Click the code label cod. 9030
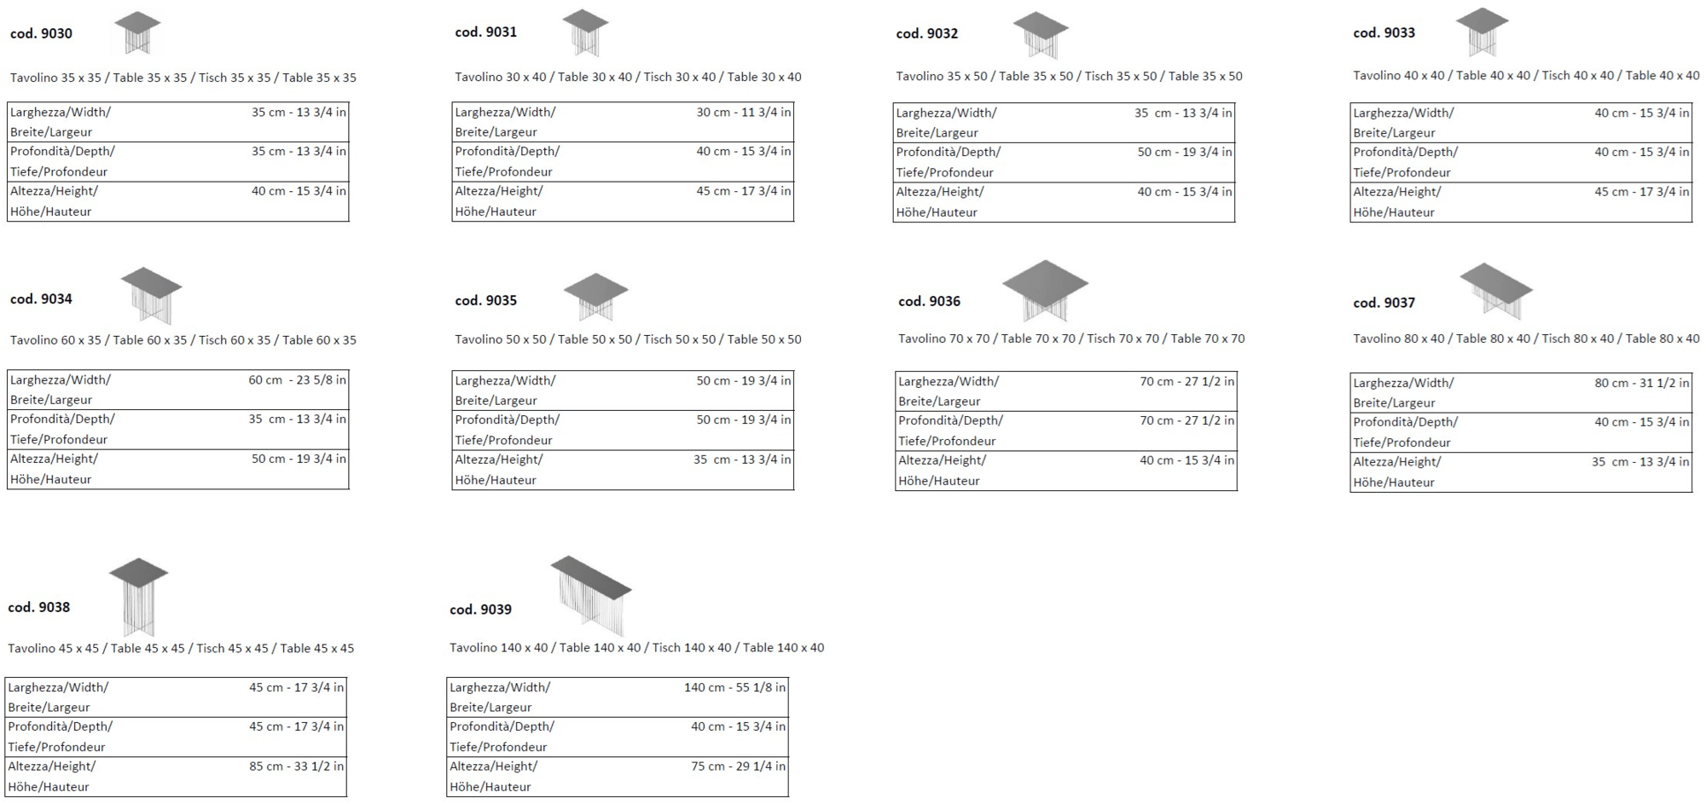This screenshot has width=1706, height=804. [41, 34]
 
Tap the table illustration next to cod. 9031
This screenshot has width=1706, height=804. [584, 32]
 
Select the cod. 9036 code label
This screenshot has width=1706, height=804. [929, 301]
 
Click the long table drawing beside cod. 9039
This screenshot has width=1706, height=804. [591, 593]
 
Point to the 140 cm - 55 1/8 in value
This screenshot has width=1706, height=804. [734, 687]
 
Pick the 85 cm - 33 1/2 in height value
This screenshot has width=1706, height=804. [296, 766]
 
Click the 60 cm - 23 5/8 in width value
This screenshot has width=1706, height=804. [297, 380]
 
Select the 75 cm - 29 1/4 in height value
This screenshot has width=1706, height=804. [738, 766]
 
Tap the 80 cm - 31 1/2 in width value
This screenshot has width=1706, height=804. [1641, 384]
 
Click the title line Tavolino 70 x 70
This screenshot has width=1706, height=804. [1071, 338]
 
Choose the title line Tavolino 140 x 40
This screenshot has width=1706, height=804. [636, 648]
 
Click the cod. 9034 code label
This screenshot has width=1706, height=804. [41, 299]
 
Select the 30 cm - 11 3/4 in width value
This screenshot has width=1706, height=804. [743, 113]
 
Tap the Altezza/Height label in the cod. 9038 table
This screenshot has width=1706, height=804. [52, 766]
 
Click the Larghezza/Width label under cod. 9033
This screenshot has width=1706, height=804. [1403, 113]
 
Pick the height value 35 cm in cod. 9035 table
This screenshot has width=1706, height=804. [741, 460]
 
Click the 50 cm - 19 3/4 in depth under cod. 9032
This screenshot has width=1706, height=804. [1184, 153]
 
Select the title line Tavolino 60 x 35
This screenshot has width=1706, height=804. [183, 340]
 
